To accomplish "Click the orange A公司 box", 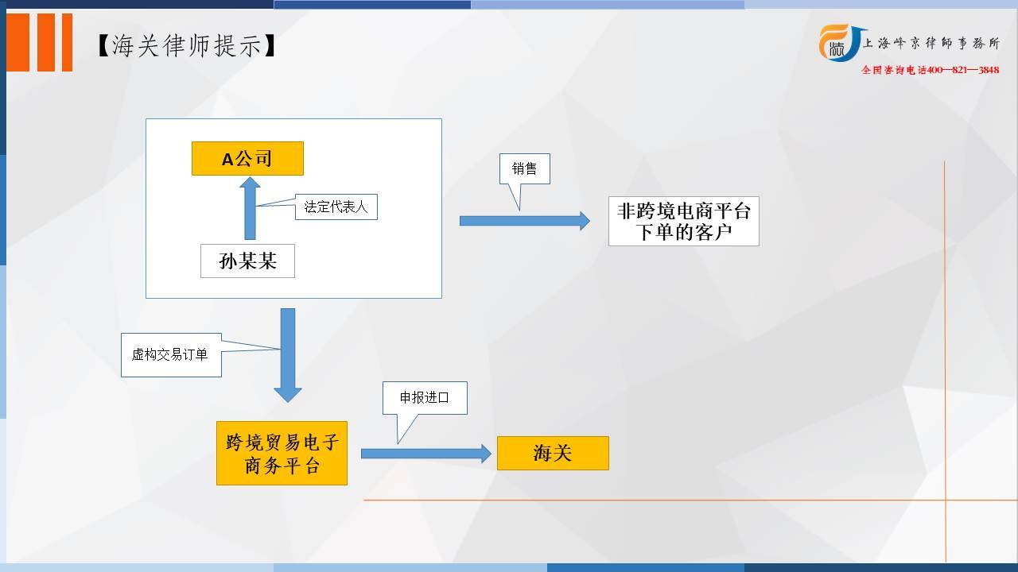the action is tap(247, 158).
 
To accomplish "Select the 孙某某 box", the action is tap(247, 261).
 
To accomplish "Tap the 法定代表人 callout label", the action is tap(336, 207).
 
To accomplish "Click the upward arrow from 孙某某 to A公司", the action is tap(250, 208).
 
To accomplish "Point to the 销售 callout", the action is tap(524, 169).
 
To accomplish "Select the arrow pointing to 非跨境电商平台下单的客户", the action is tap(525, 221).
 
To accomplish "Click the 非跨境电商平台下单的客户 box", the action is tap(683, 221).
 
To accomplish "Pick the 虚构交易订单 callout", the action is tap(171, 354).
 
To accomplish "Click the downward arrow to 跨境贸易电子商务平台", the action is tap(288, 355).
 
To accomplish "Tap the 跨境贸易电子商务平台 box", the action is tap(282, 453).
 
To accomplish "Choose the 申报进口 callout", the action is tap(425, 398).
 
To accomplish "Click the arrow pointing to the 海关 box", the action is tap(426, 454).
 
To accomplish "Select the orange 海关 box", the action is tap(553, 453).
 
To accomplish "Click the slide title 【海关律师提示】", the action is tap(187, 46).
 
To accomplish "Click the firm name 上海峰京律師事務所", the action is tap(931, 43).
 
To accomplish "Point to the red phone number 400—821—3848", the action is tap(962, 70).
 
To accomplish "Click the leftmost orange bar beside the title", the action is tap(18, 42).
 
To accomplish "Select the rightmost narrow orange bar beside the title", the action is tap(68, 42).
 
